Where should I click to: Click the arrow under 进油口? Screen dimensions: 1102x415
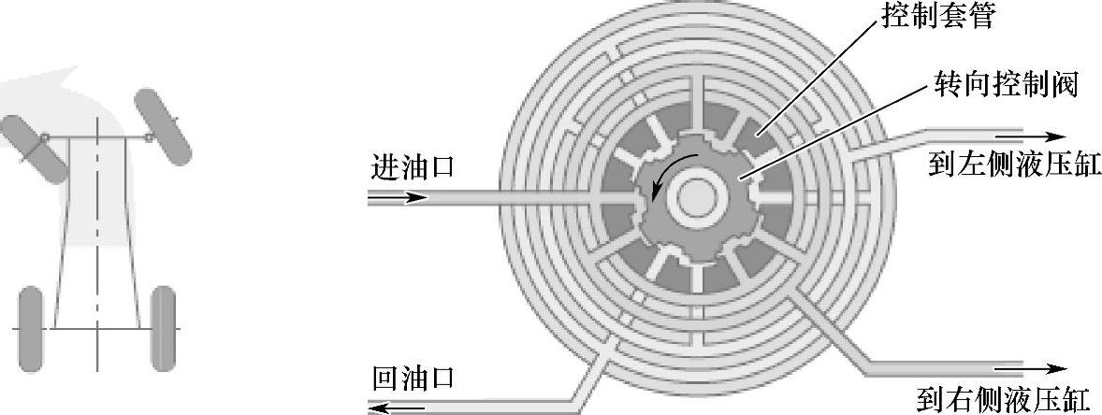click(x=399, y=197)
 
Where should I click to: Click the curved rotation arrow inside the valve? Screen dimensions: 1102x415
click(x=667, y=173)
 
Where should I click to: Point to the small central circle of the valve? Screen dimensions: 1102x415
click(x=697, y=197)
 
